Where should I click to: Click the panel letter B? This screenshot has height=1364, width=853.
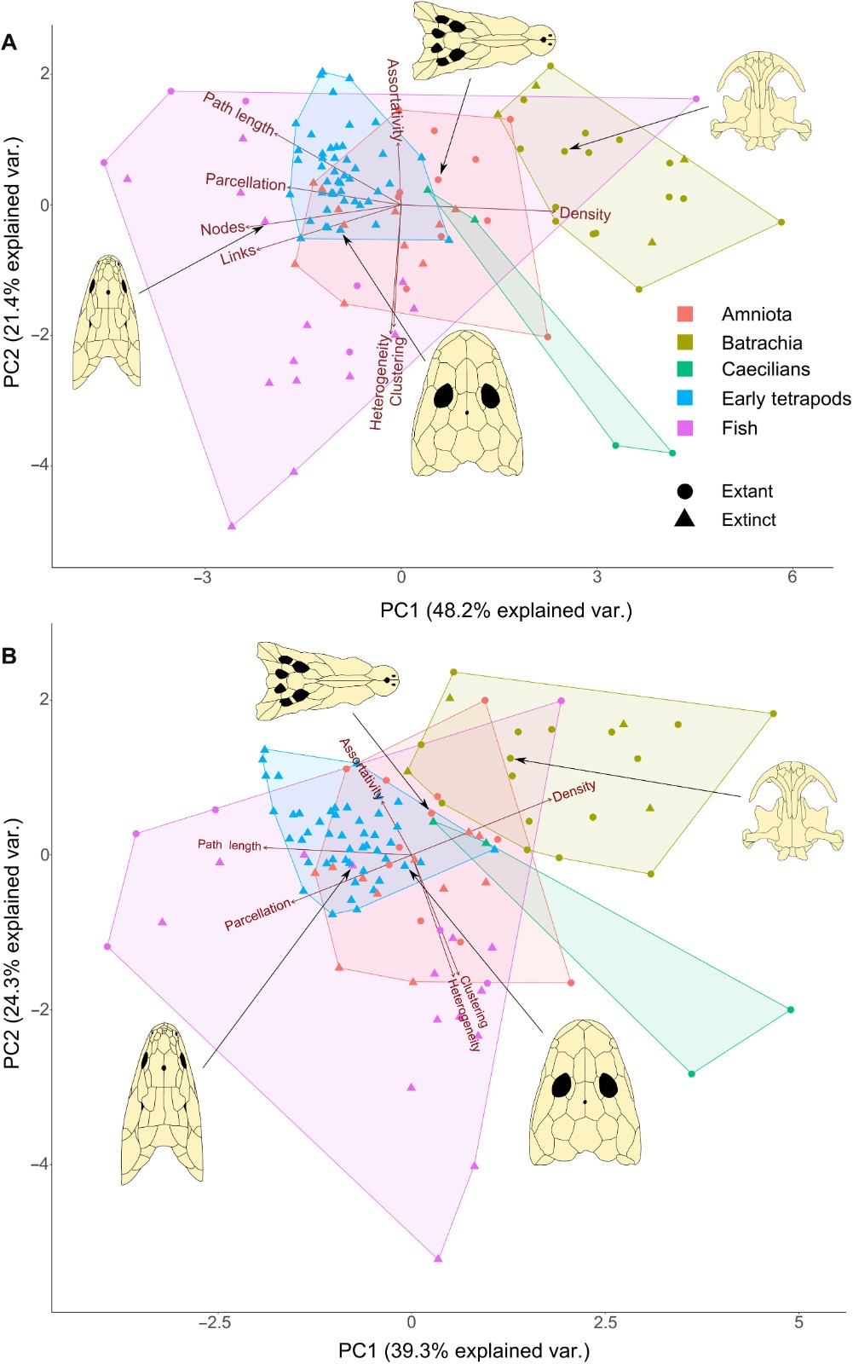9,656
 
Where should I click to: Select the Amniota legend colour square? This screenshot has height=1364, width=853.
685,314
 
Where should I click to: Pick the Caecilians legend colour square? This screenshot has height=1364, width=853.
685,369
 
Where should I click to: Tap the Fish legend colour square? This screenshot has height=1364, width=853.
685,427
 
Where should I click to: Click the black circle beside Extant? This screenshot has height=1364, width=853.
685,491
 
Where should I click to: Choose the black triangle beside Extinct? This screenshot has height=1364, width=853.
685,519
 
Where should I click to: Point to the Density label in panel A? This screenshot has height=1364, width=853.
585,214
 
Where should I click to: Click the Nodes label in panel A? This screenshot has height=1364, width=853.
222,228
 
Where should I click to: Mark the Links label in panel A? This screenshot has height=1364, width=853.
238,254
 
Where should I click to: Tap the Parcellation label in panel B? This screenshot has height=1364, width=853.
256,916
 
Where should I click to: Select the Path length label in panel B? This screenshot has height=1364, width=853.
229,845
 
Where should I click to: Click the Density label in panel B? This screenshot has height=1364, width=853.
574,791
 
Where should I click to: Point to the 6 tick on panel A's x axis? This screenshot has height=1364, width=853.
792,577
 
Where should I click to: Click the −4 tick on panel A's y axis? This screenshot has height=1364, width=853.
40,465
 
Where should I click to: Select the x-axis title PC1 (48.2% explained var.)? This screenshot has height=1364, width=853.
506,610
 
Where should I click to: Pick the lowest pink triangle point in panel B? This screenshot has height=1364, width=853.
438,1257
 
